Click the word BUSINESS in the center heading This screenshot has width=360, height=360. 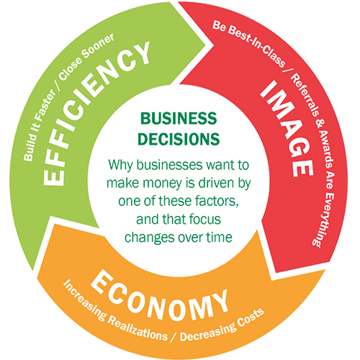[x=179, y=118]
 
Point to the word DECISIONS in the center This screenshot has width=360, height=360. [x=179, y=139]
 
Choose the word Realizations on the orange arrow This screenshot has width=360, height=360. [x=138, y=329]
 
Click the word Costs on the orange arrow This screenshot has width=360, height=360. [x=251, y=316]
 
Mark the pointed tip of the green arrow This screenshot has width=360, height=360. [x=205, y=44]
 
